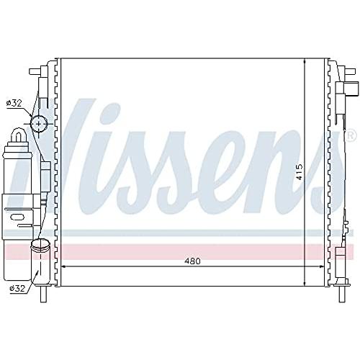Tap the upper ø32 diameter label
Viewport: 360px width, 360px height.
click(x=14, y=104)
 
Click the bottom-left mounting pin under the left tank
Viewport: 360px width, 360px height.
click(x=45, y=295)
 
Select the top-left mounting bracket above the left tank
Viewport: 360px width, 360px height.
click(x=37, y=71)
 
